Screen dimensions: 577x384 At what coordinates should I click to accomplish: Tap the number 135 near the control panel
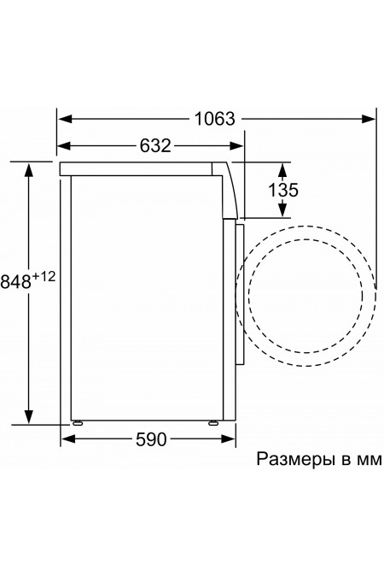(x=278, y=190)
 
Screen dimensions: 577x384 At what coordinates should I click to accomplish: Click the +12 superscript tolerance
(x=45, y=275)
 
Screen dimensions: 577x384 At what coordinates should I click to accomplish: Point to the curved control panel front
(x=230, y=188)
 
